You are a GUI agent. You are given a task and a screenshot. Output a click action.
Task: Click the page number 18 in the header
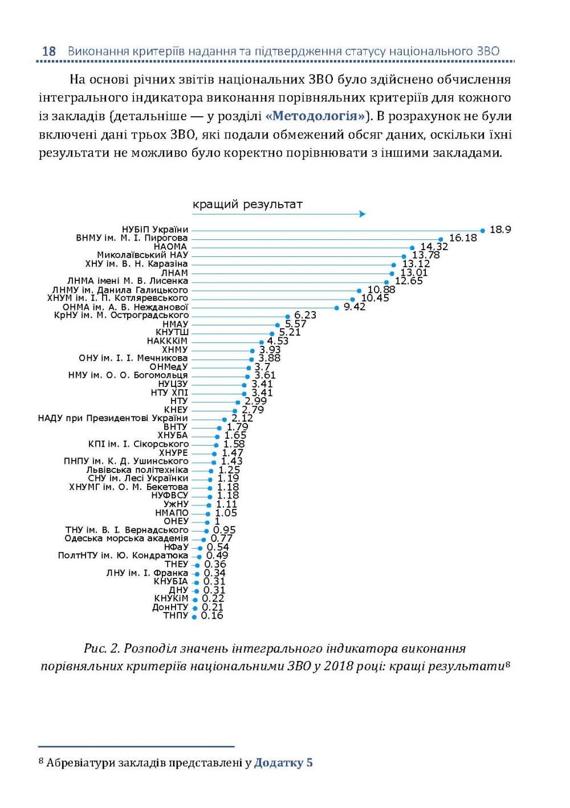[49, 51]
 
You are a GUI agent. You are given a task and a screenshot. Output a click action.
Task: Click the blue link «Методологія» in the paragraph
[315, 116]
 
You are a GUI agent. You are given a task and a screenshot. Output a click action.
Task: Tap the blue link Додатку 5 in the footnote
[283, 762]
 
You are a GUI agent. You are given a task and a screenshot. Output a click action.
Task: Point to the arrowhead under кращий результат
[362, 214]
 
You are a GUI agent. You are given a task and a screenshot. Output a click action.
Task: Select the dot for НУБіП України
[482, 231]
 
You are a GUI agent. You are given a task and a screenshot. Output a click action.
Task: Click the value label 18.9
[500, 230]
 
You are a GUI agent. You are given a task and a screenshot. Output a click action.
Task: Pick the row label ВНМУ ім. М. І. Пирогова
[132, 238]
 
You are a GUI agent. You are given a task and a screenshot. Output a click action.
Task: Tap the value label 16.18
[463, 238]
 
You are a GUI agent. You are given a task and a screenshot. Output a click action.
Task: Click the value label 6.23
[305, 315]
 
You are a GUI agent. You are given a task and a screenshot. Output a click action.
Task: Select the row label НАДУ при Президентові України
[113, 418]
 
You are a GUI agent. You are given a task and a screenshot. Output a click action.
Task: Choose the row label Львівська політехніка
[137, 470]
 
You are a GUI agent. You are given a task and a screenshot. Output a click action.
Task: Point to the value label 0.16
[212, 615]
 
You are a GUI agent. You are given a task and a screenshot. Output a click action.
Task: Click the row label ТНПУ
[176, 615]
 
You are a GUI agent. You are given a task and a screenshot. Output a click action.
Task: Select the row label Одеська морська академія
[126, 538]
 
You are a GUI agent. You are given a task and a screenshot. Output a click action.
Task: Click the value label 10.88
[381, 289]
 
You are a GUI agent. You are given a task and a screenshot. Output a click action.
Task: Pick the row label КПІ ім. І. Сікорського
[138, 444]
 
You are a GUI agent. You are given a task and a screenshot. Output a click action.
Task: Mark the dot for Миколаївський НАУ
[404, 256]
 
